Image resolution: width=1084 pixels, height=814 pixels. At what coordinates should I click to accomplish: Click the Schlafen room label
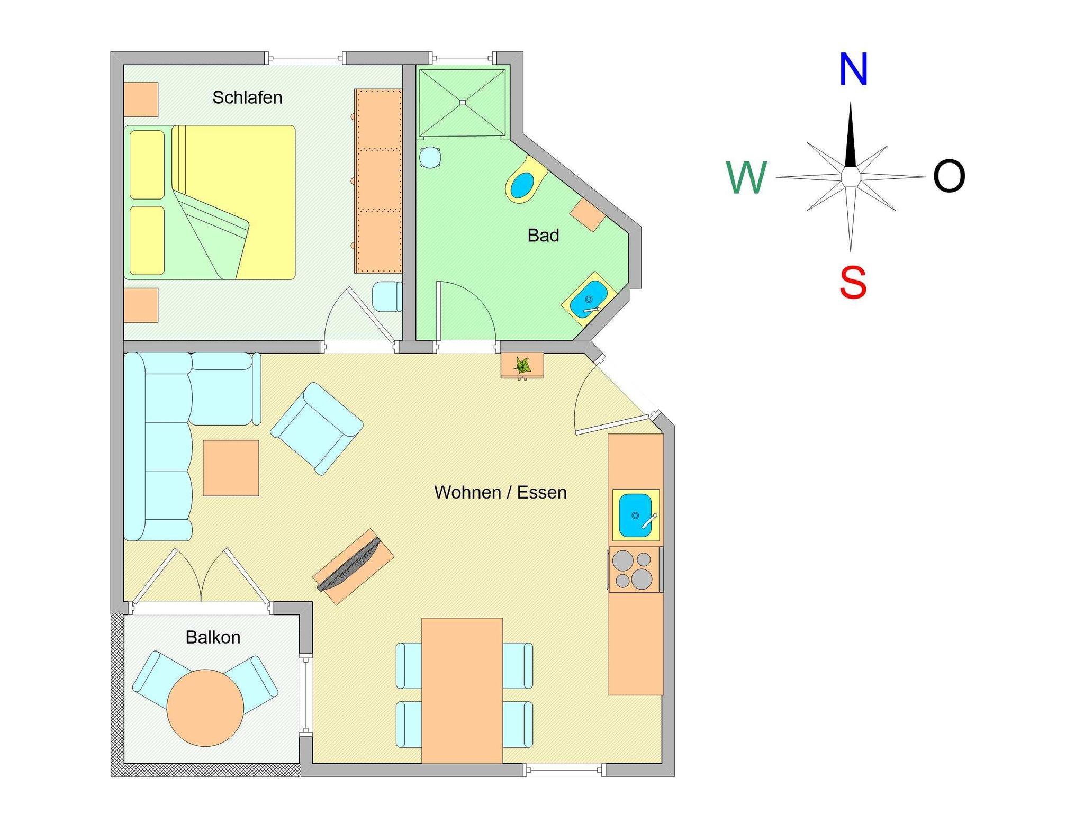coord(247,97)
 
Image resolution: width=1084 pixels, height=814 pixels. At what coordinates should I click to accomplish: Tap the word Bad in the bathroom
coord(543,236)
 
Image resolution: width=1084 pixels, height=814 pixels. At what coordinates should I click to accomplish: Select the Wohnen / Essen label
coord(500,493)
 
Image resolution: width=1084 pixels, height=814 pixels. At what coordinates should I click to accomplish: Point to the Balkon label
coord(213,637)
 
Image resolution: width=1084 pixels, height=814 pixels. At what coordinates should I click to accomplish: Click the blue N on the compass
coord(853,69)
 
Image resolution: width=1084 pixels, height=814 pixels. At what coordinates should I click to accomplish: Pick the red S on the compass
coord(853,283)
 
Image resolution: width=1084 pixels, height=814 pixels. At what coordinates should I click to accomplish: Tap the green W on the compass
coord(746,177)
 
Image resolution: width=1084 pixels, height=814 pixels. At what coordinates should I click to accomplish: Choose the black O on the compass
coord(949,176)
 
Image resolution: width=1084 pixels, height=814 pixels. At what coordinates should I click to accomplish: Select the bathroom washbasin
coord(589,299)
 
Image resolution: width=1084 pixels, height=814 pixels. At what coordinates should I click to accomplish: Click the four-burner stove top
coord(634,569)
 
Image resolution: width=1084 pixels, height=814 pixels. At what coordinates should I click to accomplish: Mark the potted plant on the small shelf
coord(522,365)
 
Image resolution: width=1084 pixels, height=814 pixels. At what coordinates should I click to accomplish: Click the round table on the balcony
coord(205,708)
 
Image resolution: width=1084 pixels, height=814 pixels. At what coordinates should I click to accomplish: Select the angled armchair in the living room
coord(317,428)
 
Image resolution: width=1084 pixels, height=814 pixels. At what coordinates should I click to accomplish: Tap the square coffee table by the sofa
coord(231,468)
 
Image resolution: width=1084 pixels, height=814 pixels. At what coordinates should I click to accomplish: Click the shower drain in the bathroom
coord(462,102)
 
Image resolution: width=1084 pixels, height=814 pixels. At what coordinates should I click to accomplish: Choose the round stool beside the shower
coord(430,157)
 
